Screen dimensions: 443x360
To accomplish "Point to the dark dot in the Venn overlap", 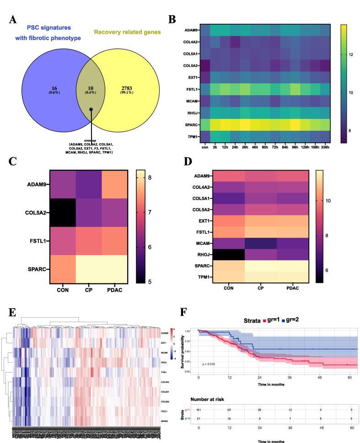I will click(x=91, y=109).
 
